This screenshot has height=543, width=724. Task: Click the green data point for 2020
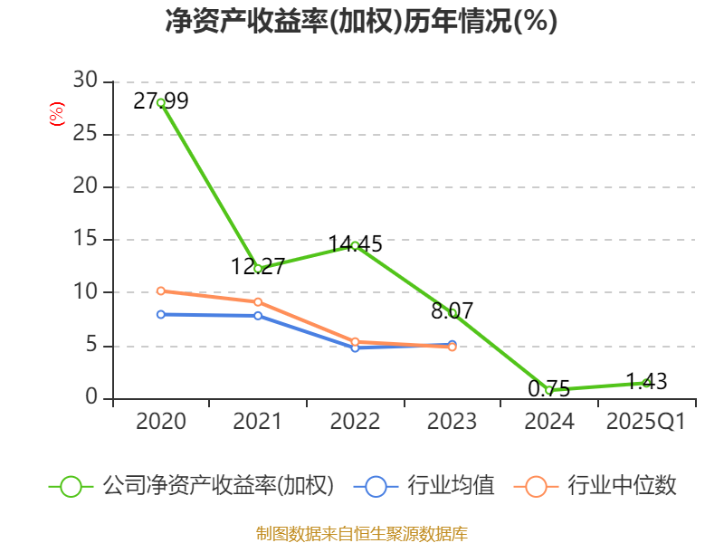[160, 102]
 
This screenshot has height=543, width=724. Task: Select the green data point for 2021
[258, 269]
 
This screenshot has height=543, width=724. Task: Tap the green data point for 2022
[355, 245]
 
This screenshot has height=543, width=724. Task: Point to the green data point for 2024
[548, 390]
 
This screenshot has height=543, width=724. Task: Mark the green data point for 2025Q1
[646, 383]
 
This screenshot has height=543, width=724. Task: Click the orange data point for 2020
[160, 291]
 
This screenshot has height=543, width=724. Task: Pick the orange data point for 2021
[258, 301]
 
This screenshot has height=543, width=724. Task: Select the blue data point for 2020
[160, 314]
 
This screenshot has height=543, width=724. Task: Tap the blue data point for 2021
[258, 315]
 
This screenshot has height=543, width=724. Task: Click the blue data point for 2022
[355, 348]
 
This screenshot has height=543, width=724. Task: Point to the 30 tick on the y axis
[85, 81]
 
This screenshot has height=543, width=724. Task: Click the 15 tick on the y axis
[85, 240]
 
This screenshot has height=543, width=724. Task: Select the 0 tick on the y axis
[90, 398]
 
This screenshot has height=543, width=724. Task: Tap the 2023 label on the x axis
[452, 422]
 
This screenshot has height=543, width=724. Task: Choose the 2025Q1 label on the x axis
[646, 422]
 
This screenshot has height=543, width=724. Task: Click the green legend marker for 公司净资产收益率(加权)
[71, 486]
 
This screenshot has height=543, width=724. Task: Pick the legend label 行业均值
[451, 486]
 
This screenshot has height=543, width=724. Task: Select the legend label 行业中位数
[622, 486]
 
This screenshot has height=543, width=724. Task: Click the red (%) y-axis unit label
[56, 115]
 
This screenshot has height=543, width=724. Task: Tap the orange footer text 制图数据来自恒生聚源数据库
[362, 533]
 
